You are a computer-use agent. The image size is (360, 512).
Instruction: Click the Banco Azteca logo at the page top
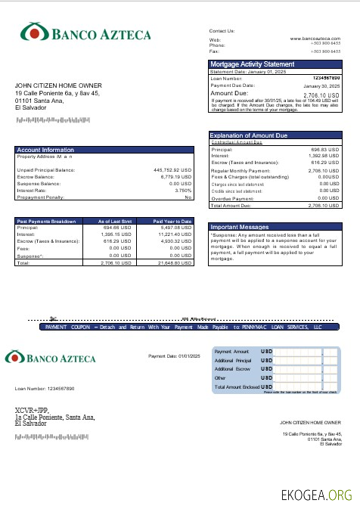coord(85,33)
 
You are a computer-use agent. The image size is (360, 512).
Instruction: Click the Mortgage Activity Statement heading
coord(252,64)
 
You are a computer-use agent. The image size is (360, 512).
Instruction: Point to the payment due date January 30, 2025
coord(321,87)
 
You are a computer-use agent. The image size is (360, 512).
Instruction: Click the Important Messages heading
coord(239,227)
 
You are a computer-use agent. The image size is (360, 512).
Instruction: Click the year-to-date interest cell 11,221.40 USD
coord(175,234)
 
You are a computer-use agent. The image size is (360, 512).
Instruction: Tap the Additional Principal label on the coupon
coord(233,361)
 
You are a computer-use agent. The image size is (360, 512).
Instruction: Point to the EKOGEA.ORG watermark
coord(316,496)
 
